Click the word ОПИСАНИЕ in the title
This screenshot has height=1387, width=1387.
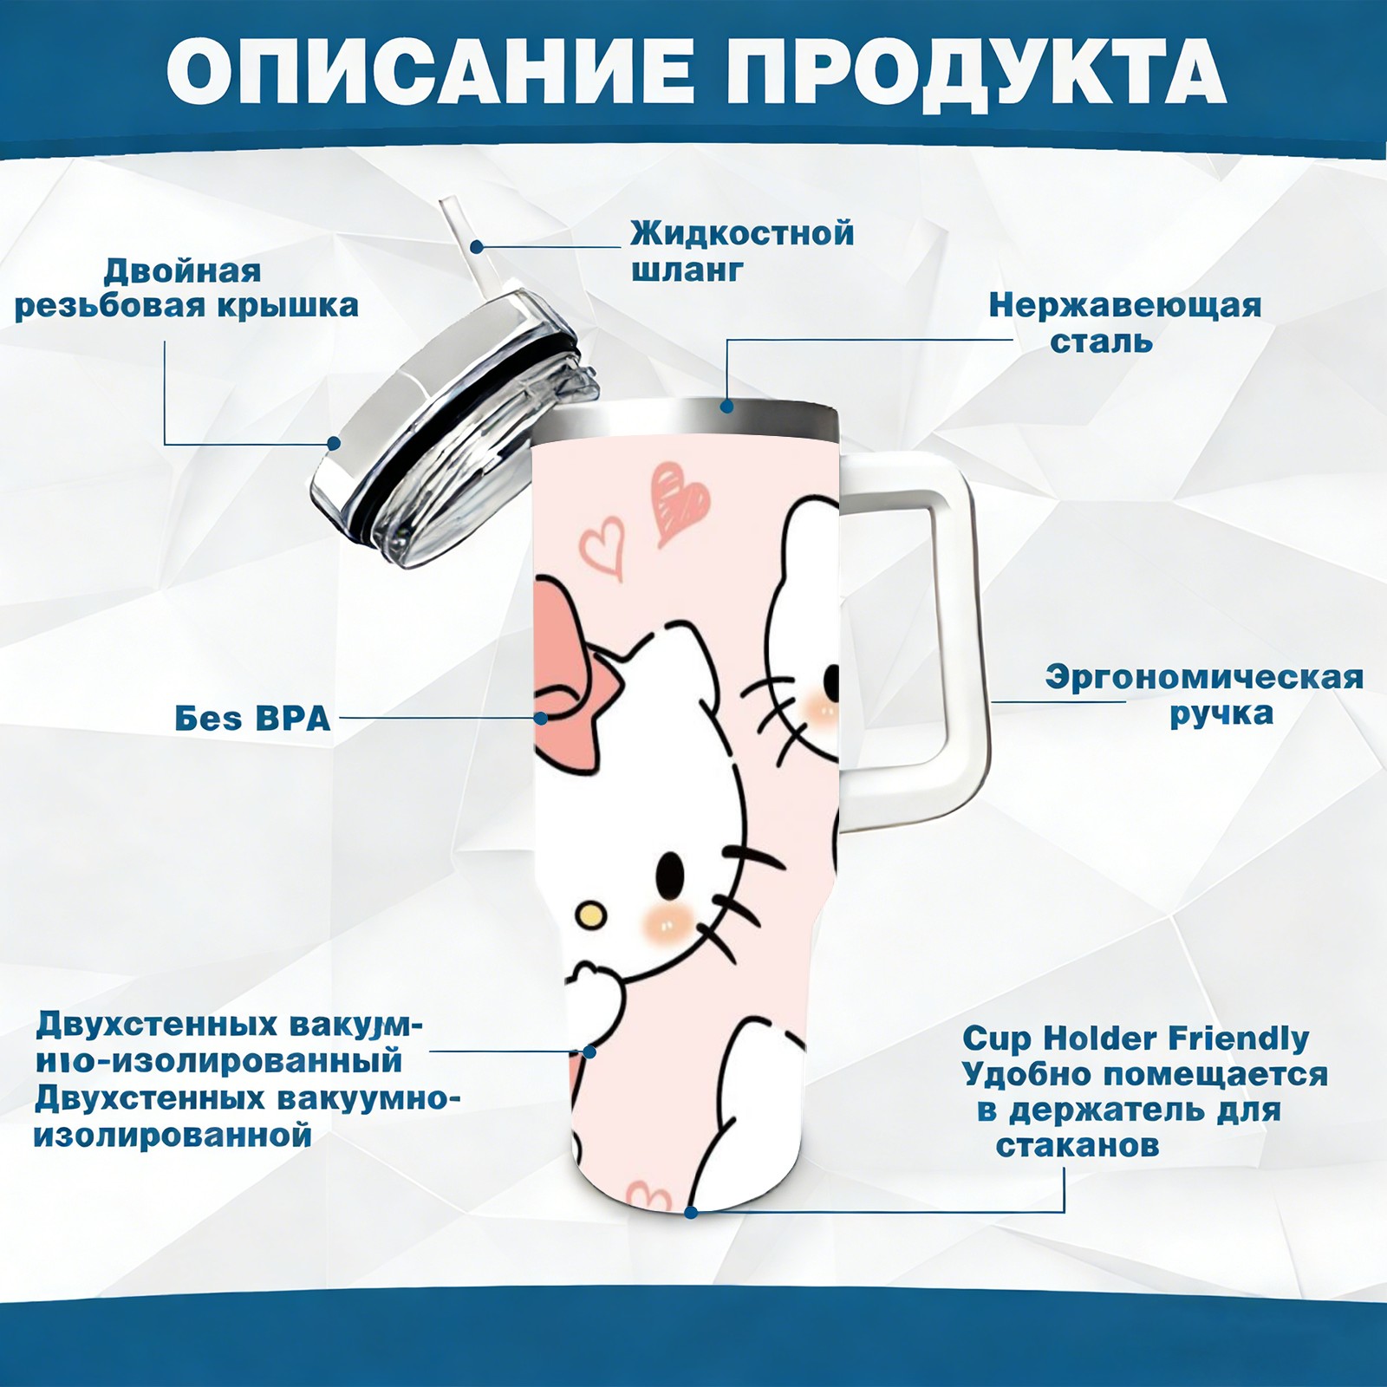[429, 72]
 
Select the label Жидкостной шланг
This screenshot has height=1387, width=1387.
[742, 251]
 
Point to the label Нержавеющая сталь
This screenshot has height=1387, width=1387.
[1124, 323]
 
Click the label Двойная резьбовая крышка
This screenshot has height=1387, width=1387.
[186, 288]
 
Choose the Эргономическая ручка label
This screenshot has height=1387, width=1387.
[1204, 695]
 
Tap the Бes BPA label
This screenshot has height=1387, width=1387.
[252, 719]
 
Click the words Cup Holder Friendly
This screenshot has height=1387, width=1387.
[1136, 1039]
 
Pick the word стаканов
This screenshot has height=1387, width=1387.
[1077, 1145]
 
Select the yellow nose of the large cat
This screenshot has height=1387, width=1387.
[590, 914]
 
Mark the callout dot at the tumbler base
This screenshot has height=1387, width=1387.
[691, 1212]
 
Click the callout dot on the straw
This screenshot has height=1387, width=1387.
[477, 246]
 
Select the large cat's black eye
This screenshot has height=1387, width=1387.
[669, 869]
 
